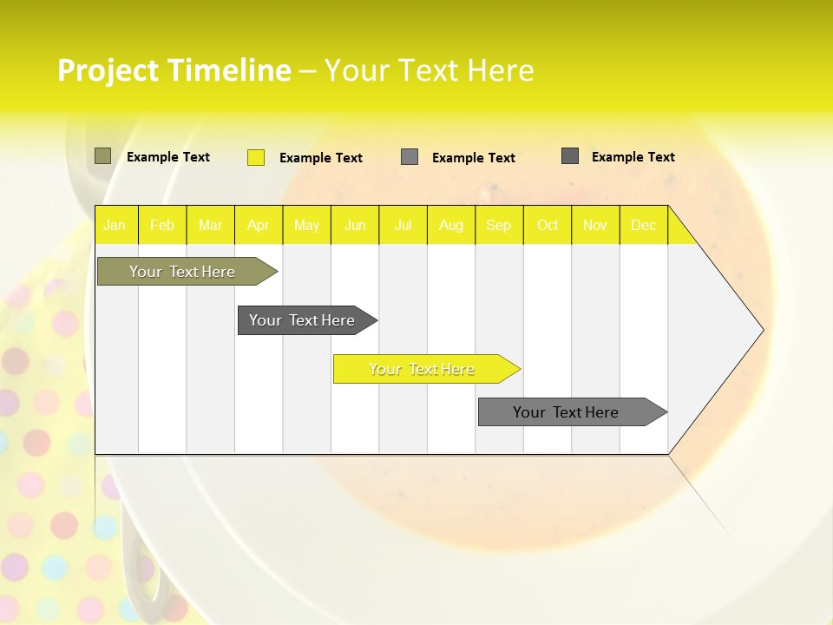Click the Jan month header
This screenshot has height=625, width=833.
point(115,226)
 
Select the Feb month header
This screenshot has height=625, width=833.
point(162,226)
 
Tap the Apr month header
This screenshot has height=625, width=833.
point(258,226)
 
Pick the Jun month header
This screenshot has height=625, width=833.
point(355,226)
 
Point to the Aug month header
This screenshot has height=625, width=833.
point(450,226)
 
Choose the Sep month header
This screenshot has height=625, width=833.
point(498,226)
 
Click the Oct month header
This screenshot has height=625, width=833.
point(548,226)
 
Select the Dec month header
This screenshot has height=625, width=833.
point(643,226)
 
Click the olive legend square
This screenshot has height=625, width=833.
point(103,156)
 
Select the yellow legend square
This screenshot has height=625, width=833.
point(256,157)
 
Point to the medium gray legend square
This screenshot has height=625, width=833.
point(410,157)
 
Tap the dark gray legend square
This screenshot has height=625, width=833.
point(570,156)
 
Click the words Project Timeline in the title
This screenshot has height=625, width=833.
point(174,70)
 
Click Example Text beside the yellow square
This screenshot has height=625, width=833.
point(321,158)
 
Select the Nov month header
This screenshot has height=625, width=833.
point(595,226)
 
